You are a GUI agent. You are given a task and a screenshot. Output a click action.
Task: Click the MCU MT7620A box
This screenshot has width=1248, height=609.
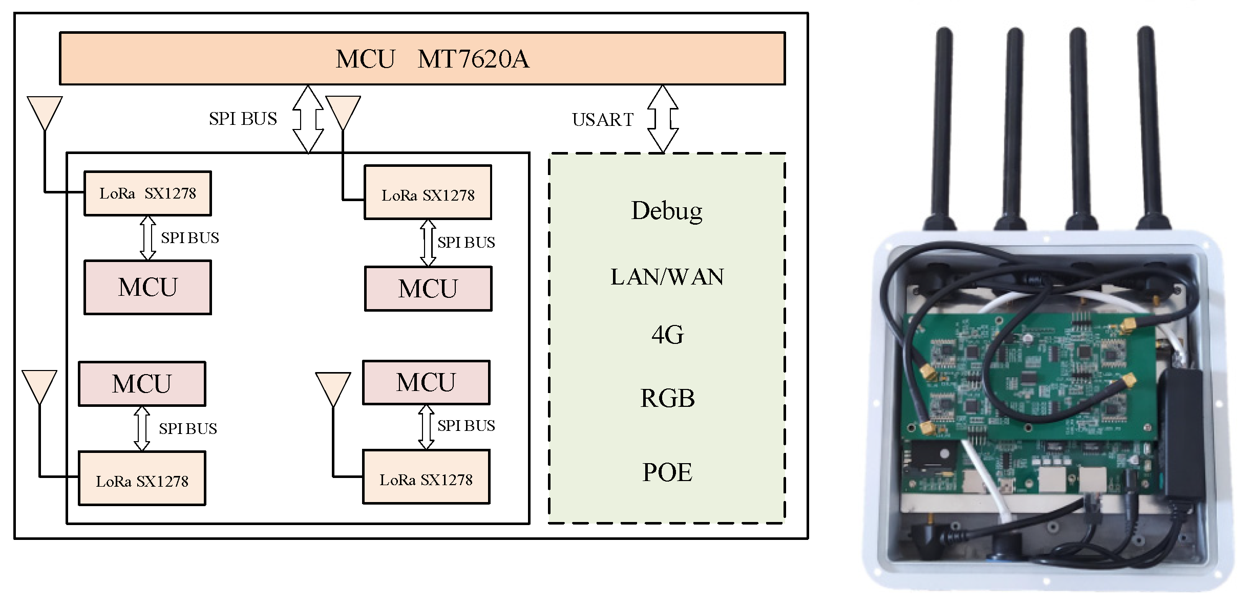(x=422, y=58)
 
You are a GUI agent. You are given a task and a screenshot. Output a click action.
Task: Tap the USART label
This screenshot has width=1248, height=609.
(x=603, y=120)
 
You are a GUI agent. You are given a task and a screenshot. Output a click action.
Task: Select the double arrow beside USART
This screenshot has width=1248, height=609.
(x=663, y=119)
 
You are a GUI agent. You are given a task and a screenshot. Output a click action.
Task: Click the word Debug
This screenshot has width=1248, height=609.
(x=667, y=211)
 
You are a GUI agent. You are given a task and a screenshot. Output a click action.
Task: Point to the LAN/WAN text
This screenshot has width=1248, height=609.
(x=667, y=277)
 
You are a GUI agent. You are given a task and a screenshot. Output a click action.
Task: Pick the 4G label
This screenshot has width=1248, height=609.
(x=667, y=335)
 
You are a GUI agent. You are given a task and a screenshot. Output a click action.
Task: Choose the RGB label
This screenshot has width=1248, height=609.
(x=667, y=398)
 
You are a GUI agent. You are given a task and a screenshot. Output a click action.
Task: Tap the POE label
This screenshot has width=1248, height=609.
(x=667, y=472)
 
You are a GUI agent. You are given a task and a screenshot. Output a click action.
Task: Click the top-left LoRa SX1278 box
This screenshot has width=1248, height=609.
(x=147, y=193)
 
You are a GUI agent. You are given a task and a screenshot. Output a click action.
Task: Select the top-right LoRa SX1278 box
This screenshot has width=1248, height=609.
(x=428, y=193)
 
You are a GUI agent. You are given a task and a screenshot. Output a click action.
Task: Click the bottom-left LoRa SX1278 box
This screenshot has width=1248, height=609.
(x=142, y=478)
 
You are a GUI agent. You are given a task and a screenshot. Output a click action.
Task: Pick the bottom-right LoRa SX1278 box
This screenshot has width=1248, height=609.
(x=426, y=477)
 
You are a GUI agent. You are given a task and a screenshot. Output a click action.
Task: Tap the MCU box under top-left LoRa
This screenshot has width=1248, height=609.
(x=147, y=287)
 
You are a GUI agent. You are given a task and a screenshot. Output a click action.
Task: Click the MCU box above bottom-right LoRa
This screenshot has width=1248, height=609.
(x=426, y=382)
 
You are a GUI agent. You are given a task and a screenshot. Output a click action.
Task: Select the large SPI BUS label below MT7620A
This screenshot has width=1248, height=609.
(x=243, y=119)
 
